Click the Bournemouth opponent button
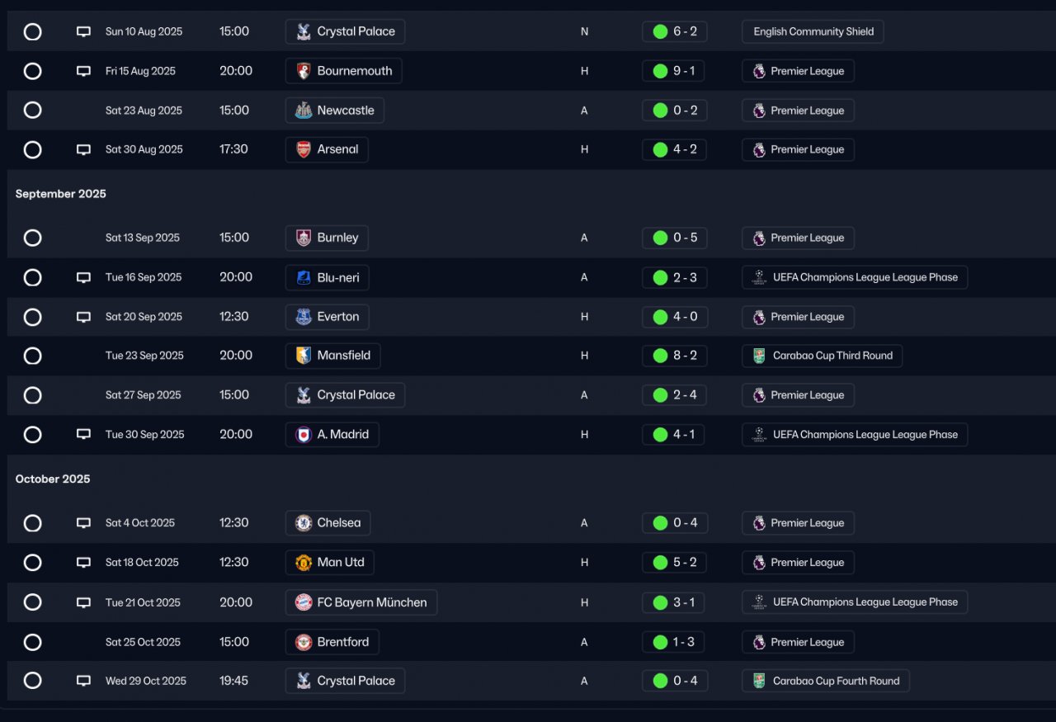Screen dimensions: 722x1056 point(344,71)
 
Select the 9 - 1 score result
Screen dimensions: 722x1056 point(674,71)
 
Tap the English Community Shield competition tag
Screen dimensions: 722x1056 point(813,31)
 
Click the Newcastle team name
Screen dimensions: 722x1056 point(335,111)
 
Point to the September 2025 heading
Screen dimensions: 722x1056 point(61,194)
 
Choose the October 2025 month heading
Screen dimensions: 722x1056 point(53,479)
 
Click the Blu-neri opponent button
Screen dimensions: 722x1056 point(328,277)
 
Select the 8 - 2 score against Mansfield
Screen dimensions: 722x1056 point(674,356)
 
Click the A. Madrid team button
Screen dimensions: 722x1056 point(332,435)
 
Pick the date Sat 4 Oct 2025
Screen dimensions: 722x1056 point(140,523)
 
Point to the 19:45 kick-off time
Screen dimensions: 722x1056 point(235,681)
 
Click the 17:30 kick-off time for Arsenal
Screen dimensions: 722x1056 point(235,149)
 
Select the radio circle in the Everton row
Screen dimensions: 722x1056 point(32,317)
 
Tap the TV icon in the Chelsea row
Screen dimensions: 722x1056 point(83,523)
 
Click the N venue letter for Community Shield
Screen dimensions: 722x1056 point(584,31)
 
